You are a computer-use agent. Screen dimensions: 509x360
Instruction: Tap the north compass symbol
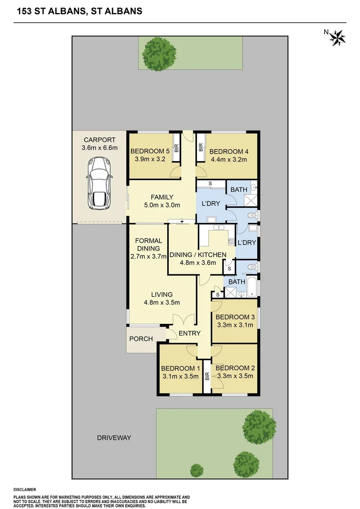336,37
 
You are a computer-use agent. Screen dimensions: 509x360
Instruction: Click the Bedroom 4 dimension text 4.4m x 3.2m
228,160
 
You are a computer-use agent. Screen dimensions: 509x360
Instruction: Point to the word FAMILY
162,197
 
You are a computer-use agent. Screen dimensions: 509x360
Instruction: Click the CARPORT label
99,140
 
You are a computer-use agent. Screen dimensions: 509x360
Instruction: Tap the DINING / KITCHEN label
195,254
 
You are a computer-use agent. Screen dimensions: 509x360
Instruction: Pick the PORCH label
141,339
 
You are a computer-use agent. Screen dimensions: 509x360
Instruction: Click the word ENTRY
189,333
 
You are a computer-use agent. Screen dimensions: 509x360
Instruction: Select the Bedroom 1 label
180,368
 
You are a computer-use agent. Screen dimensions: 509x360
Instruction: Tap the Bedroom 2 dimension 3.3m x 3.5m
235,376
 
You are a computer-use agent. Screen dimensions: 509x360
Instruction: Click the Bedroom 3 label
235,317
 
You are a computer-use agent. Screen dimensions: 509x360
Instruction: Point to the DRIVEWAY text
114,438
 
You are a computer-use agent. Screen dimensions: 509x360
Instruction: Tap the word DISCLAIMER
25,490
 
